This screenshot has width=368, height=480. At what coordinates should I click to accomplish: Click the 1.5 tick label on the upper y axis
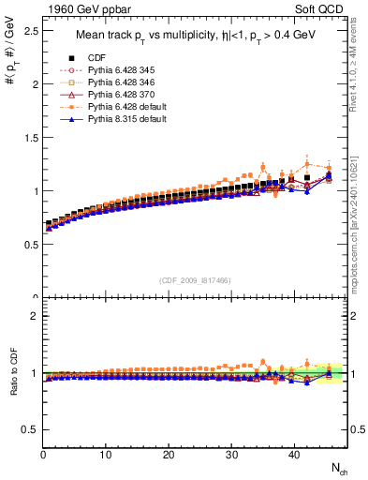click(x=29, y=137)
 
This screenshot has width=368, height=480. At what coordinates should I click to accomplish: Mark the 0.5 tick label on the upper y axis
click(x=29, y=245)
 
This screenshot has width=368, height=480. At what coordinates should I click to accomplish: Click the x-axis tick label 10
click(x=106, y=455)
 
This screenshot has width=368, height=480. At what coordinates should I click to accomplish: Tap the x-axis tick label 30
click(x=231, y=455)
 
